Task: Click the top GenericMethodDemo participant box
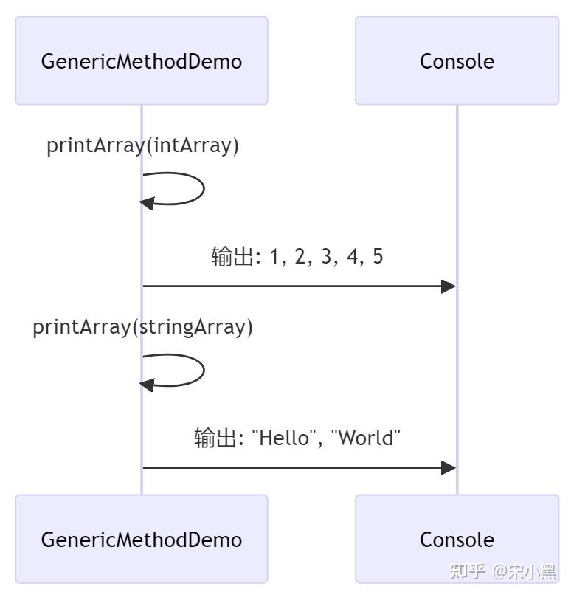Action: coord(141,61)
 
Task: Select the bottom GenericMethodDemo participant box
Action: coord(141,539)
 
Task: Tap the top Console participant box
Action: coord(457,61)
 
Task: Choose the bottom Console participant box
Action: coord(457,539)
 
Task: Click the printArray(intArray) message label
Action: coord(142,145)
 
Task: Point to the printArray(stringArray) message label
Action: coord(142,326)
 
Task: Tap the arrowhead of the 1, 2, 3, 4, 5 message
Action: coord(448,286)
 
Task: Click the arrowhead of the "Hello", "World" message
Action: coord(448,467)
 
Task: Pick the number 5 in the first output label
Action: coord(378,257)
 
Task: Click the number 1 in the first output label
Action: coord(276,257)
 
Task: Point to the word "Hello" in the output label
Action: coord(284,438)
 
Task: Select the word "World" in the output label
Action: coord(365,438)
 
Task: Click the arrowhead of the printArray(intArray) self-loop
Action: coord(147,203)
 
